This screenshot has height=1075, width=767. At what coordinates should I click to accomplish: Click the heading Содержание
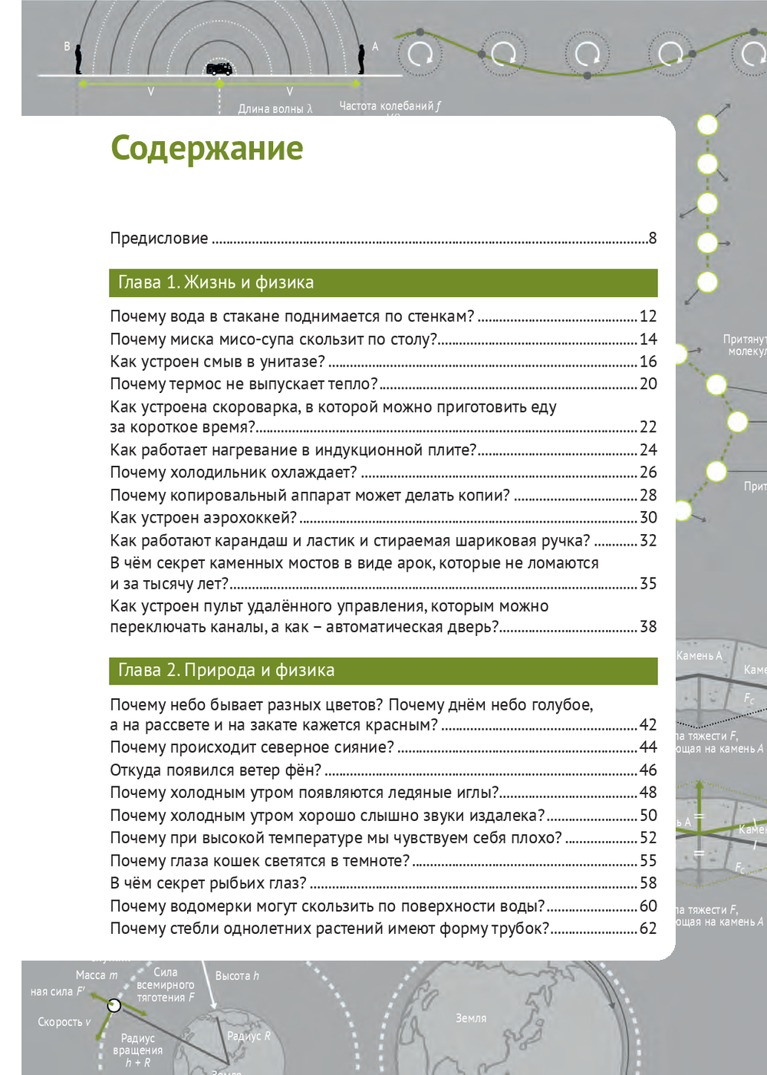(x=207, y=149)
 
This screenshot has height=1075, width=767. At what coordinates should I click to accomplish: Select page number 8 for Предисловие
(x=652, y=238)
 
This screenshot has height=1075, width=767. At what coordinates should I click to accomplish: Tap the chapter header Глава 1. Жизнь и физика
(x=216, y=282)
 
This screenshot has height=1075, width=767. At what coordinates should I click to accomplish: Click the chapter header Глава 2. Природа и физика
(x=226, y=670)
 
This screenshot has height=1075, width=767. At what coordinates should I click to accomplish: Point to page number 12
(x=648, y=316)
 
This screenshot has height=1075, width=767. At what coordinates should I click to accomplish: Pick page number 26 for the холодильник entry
(x=648, y=472)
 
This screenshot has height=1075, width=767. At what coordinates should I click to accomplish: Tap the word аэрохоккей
(x=255, y=518)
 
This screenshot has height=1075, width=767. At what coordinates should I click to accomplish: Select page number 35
(x=648, y=584)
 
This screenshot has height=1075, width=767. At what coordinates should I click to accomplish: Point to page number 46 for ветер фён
(x=648, y=770)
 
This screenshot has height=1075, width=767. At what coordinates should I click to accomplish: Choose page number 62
(x=648, y=928)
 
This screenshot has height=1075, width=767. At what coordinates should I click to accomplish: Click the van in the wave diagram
(x=219, y=69)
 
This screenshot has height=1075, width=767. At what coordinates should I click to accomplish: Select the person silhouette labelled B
(x=78, y=59)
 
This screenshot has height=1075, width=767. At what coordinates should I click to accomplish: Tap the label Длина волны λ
(x=275, y=109)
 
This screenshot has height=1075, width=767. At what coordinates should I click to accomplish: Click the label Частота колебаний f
(x=390, y=106)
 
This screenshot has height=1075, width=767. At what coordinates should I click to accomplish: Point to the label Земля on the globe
(x=471, y=1018)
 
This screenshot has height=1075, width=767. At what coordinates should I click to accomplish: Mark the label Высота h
(x=236, y=976)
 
